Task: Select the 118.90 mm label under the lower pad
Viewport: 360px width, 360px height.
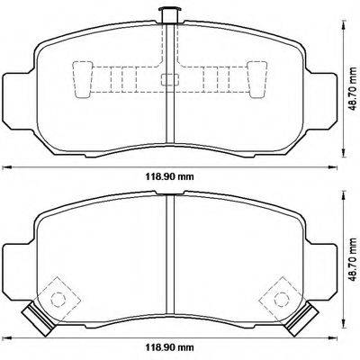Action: click(x=170, y=347)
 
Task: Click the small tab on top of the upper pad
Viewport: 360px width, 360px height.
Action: click(x=166, y=13)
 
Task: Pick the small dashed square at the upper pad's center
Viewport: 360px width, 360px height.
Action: click(x=167, y=78)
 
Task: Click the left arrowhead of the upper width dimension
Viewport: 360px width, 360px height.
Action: click(x=4, y=166)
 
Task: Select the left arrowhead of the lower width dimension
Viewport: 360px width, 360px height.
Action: click(x=4, y=336)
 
